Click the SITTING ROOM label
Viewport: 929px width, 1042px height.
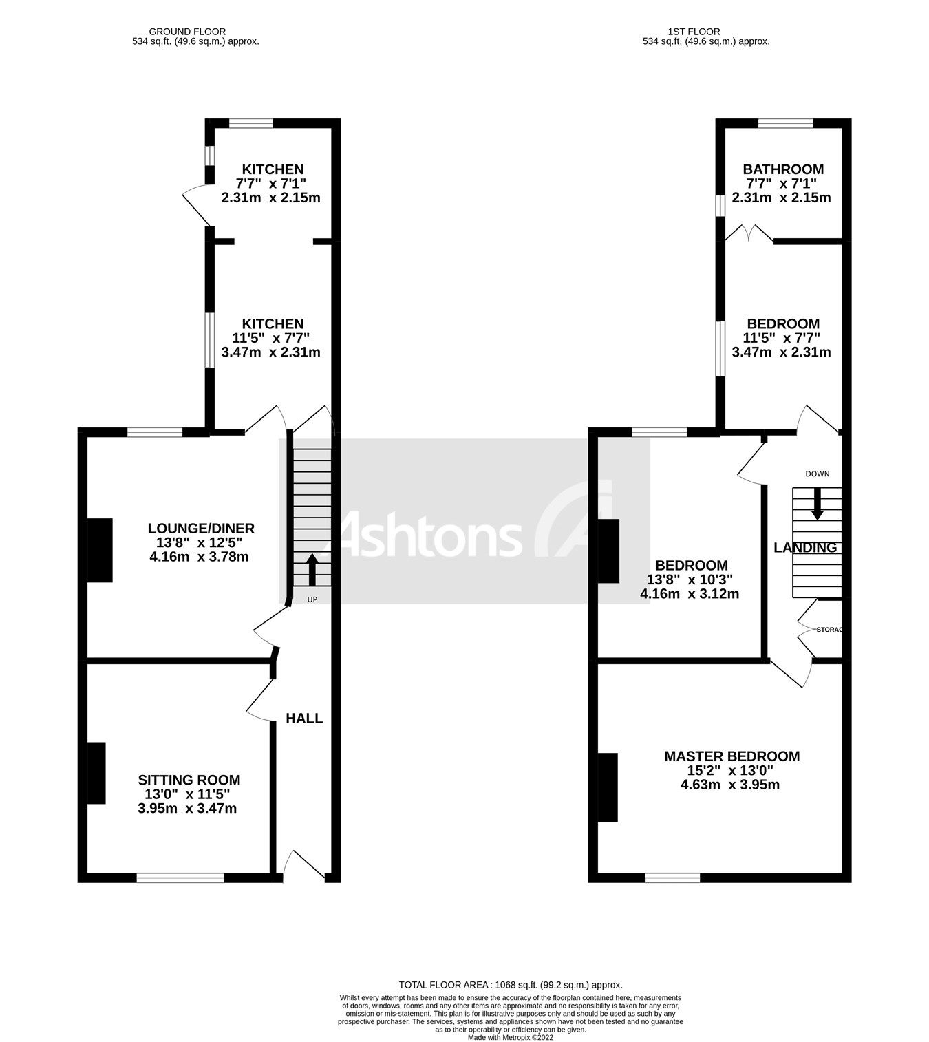189,780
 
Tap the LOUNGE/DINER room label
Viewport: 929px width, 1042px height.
201,529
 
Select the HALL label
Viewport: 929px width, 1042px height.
304,719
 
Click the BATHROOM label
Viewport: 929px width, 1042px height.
783,169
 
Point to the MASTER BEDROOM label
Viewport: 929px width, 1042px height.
732,756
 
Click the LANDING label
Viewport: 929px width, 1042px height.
805,548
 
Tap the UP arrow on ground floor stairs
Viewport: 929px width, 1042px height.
312,569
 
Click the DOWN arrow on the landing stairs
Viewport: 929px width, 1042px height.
817,504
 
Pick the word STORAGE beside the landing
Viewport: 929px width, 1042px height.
829,630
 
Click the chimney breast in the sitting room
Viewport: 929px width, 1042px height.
96,773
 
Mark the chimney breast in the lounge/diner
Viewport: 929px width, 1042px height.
100,550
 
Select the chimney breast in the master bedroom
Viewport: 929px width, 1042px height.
608,787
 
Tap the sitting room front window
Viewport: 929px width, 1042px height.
180,878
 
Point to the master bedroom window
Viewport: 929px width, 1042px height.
672,878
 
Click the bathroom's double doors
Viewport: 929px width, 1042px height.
749,233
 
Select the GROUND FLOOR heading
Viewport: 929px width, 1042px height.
187,31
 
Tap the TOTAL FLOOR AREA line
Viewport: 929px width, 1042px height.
511,985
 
